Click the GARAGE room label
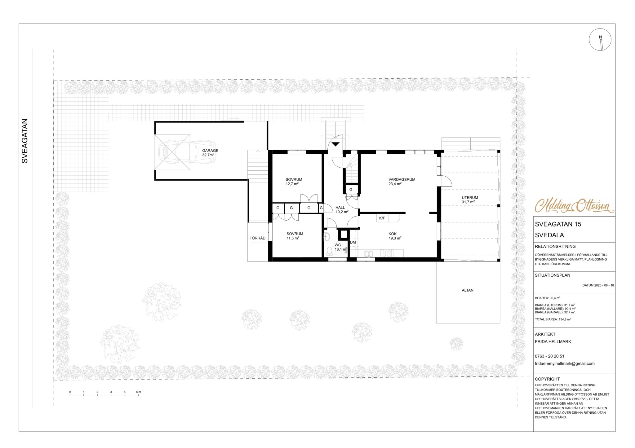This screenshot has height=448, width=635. pos(210,151)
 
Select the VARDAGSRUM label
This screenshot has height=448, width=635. pos(402,179)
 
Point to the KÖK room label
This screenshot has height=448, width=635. pos(393,234)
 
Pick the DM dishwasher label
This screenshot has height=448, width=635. pos(353,242)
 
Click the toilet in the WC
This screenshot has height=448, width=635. pos(329,250)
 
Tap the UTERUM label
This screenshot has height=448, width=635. pos(470,198)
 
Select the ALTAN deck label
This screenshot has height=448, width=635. pos(468,290)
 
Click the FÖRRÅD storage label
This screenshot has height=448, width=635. pos(257,238)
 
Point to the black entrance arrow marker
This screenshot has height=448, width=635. pos(335,144)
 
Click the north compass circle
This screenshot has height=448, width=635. pos(600,40)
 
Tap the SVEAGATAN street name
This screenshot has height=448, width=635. pos(25,141)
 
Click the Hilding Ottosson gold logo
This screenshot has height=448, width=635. pos(574,206)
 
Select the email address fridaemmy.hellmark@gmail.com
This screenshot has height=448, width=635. pos(565,364)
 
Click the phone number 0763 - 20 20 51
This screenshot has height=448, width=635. pos(549,356)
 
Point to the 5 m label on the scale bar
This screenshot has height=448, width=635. pos(138,392)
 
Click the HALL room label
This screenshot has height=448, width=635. pos(340,208)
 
